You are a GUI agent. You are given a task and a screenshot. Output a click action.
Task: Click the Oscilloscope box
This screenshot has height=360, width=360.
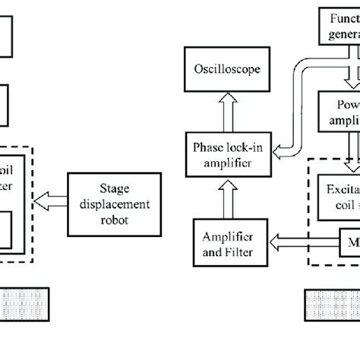(226, 68)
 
